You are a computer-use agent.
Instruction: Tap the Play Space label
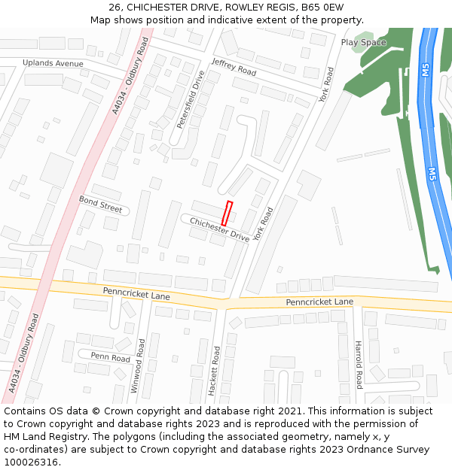[363, 42]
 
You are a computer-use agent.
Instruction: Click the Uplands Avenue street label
[53, 63]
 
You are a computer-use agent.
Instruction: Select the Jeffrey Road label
[234, 67]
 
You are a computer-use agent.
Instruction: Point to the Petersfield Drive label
[191, 98]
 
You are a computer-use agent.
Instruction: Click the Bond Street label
[100, 204]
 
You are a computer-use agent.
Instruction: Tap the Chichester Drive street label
[219, 229]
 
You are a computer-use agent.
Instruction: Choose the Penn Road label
[111, 357]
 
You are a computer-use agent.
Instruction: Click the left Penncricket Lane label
[136, 292]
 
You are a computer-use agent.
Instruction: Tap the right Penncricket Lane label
[319, 302]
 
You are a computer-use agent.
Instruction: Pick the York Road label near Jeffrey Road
[325, 85]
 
